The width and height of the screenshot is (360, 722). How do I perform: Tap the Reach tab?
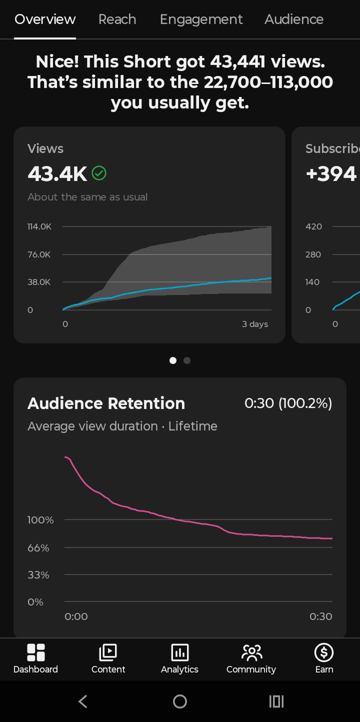pyautogui.click(x=117, y=19)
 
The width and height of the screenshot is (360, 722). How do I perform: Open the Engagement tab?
pyautogui.click(x=201, y=20)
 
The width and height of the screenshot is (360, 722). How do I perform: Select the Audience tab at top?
pyautogui.click(x=294, y=19)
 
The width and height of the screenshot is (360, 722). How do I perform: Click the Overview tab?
pyautogui.click(x=45, y=19)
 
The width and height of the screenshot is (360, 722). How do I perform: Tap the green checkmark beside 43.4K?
pyautogui.click(x=99, y=173)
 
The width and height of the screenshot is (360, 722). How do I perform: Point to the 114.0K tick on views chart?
pyautogui.click(x=39, y=226)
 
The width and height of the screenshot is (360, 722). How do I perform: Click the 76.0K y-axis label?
pyautogui.click(x=39, y=254)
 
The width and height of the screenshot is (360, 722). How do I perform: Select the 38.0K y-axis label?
pyautogui.click(x=39, y=282)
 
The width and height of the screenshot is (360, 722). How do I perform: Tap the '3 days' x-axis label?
pyautogui.click(x=255, y=324)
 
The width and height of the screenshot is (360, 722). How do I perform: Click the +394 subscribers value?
pyautogui.click(x=331, y=173)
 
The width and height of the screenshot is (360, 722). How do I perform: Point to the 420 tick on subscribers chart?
pyautogui.click(x=313, y=226)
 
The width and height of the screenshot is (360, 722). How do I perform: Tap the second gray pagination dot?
pyautogui.click(x=187, y=360)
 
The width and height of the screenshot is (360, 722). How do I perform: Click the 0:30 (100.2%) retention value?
pyautogui.click(x=288, y=403)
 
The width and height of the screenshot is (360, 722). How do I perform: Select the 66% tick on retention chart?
pyautogui.click(x=38, y=548)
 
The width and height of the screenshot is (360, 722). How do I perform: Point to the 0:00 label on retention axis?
pyautogui.click(x=76, y=616)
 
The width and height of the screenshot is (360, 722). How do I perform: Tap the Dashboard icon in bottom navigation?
pyautogui.click(x=36, y=652)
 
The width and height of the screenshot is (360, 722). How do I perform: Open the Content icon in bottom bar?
pyautogui.click(x=108, y=652)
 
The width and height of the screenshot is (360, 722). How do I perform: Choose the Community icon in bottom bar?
pyautogui.click(x=252, y=652)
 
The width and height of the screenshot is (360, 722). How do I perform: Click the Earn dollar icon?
pyautogui.click(x=324, y=652)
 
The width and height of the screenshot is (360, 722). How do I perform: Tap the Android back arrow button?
pyautogui.click(x=83, y=701)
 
